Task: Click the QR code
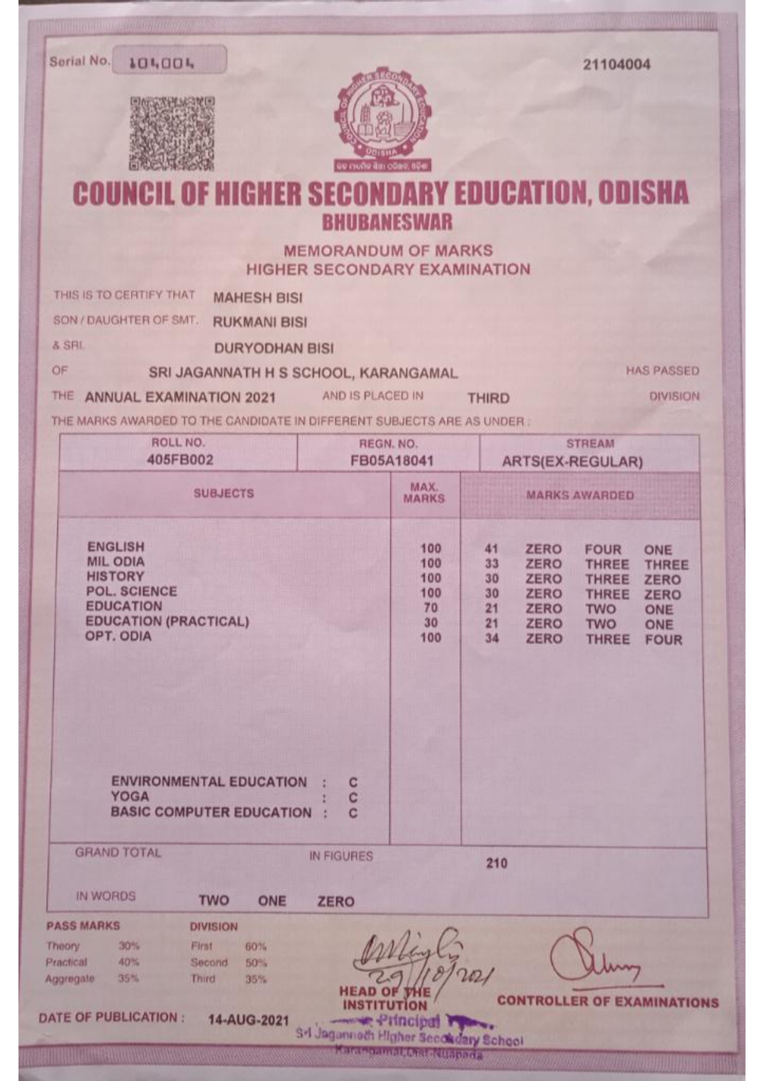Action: (x=172, y=133)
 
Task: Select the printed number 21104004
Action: (x=616, y=65)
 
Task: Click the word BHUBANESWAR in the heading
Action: (x=387, y=222)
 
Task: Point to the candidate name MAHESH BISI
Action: (x=258, y=298)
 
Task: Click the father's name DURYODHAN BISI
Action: (x=274, y=349)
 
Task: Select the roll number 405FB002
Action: (x=180, y=460)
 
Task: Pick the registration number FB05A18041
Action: (x=392, y=461)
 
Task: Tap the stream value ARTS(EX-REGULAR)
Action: (x=572, y=462)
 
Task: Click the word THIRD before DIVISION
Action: (x=488, y=398)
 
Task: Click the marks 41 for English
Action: (x=491, y=549)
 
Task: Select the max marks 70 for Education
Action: (x=431, y=608)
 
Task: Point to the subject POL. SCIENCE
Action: (x=131, y=591)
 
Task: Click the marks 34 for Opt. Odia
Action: (x=491, y=638)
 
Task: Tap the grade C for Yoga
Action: (x=353, y=798)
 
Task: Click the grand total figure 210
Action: (x=497, y=863)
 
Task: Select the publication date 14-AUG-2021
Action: (x=248, y=1019)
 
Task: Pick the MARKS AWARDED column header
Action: (x=580, y=495)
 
